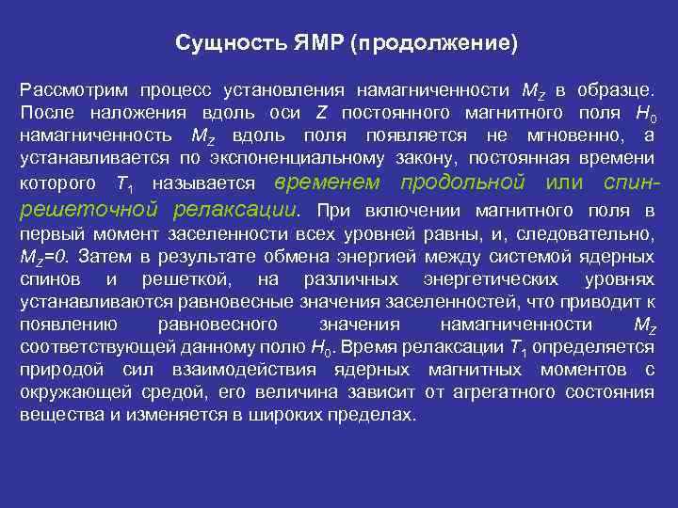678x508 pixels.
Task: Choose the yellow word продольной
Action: pyautogui.click(x=462, y=182)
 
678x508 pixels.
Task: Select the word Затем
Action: pyautogui.click(x=101, y=257)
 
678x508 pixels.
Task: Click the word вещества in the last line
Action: pyautogui.click(x=53, y=414)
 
